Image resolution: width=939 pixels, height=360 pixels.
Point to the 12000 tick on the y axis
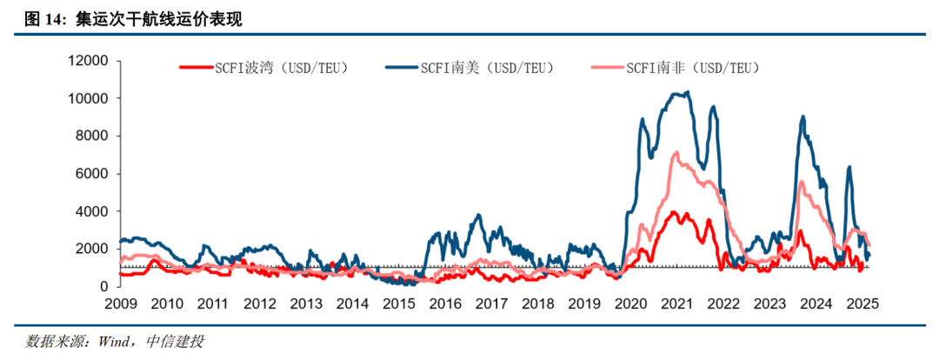[x=89, y=61]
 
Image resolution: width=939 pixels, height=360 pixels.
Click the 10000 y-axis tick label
[x=89, y=98]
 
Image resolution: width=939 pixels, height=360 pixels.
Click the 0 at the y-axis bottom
[x=104, y=286]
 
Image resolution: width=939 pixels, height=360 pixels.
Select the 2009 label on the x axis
[x=120, y=304]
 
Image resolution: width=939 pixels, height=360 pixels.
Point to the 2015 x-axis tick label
[x=399, y=304]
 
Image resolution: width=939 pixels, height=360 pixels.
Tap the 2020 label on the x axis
[x=631, y=304]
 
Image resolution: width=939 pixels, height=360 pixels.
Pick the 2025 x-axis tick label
[x=864, y=304]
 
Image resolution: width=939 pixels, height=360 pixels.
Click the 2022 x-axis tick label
[x=724, y=304]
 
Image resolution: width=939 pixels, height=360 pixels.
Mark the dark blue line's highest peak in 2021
[x=688, y=92]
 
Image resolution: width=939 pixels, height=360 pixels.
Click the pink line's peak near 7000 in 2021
[x=676, y=153]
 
